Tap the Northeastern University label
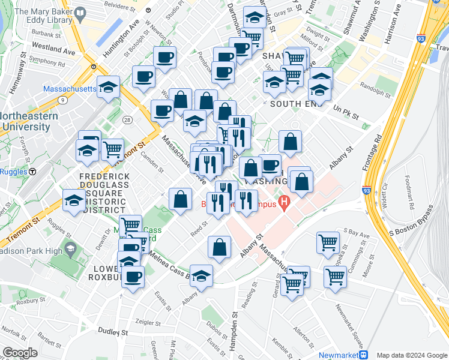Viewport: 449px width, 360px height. [x=25, y=121]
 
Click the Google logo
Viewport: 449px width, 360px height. [x=20, y=353]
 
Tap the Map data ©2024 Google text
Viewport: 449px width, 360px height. [x=411, y=355]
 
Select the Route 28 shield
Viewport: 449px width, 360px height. [x=127, y=121]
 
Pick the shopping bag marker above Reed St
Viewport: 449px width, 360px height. [x=180, y=199]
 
